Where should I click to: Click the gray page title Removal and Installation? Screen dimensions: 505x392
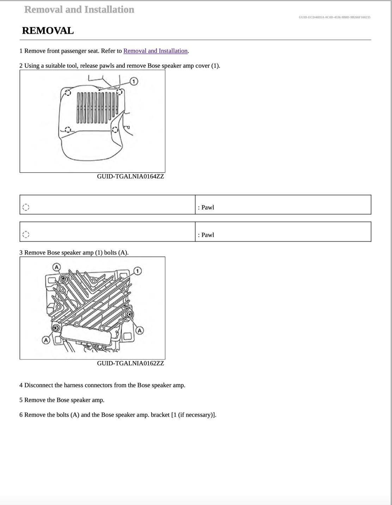click(79, 10)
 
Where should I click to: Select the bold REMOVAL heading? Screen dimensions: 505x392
click(48, 31)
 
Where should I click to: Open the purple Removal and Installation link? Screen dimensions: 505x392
click(155, 51)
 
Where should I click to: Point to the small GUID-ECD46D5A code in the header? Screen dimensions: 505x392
click(334, 17)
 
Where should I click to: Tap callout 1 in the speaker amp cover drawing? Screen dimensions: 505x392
click(134, 81)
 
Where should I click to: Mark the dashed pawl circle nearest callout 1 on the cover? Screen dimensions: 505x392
click(120, 92)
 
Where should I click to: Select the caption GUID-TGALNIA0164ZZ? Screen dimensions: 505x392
click(130, 176)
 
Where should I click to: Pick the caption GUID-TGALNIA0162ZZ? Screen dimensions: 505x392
click(130, 363)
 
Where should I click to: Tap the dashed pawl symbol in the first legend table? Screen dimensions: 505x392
click(26, 207)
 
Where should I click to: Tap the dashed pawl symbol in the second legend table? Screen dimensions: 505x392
click(26, 234)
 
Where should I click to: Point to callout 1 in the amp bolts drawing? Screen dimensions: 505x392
click(138, 271)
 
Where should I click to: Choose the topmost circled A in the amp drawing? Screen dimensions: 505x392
click(56, 267)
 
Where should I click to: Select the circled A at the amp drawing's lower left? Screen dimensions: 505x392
click(46, 340)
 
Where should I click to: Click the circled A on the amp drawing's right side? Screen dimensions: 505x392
click(140, 330)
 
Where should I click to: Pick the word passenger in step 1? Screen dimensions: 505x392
click(74, 51)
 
